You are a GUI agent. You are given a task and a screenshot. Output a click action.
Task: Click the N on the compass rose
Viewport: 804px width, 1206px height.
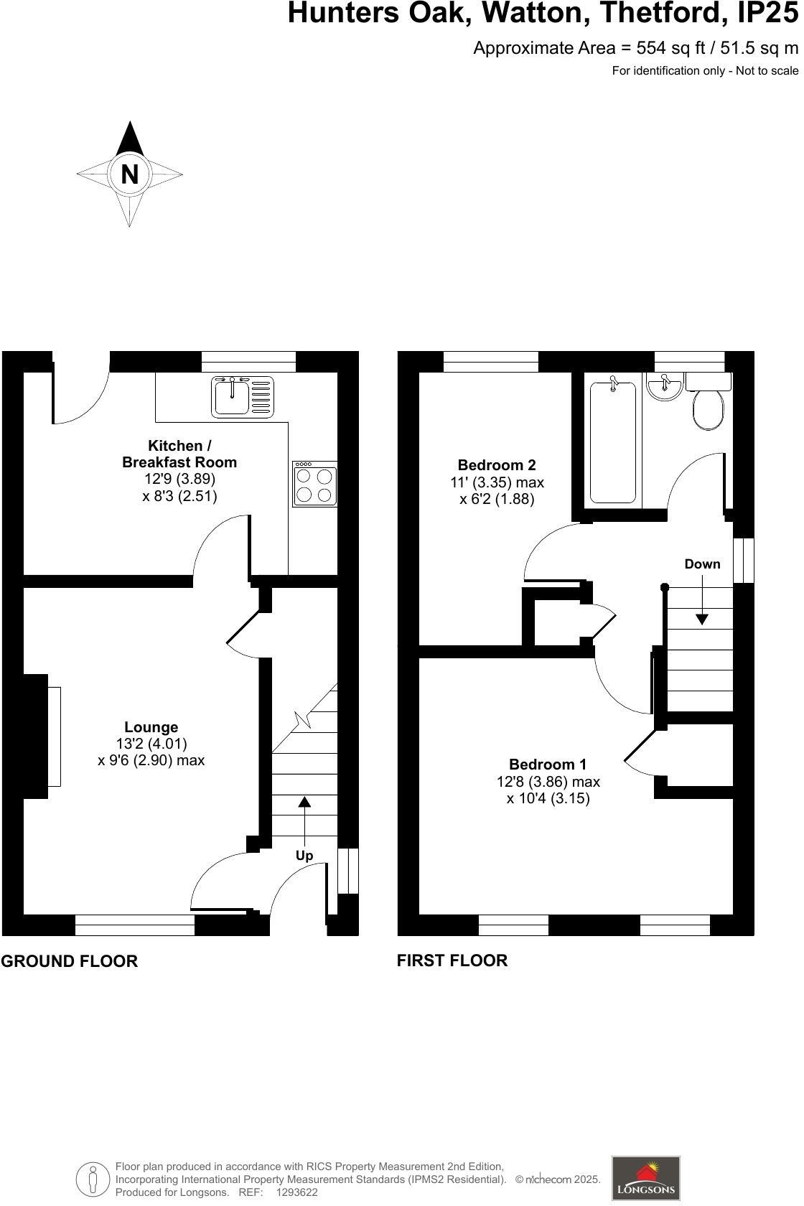[x=129, y=174]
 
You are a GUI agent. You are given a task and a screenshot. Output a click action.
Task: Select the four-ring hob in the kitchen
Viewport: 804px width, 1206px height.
[x=314, y=485]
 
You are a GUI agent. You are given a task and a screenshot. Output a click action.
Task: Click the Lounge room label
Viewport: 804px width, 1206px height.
[x=151, y=727]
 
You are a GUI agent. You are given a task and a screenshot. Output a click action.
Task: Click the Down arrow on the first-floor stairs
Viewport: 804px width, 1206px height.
[x=701, y=603]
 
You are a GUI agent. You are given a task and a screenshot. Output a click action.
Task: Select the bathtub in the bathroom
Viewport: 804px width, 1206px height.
[x=612, y=443]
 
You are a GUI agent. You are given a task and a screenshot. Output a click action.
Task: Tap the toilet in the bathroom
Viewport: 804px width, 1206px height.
[x=709, y=406]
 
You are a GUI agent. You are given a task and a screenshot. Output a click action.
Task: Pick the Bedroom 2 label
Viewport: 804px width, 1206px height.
[x=497, y=465]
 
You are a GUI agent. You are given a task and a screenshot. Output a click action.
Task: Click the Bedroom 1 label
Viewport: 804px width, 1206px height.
[x=548, y=765]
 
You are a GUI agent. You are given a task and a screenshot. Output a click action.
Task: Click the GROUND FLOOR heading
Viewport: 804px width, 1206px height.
[x=69, y=961]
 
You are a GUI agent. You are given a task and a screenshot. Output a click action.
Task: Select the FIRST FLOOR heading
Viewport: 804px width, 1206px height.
[x=452, y=960]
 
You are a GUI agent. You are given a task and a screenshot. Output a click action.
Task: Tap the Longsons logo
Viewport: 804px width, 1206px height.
[x=645, y=1179]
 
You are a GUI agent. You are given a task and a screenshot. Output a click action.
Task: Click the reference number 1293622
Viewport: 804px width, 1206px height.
[x=296, y=1192]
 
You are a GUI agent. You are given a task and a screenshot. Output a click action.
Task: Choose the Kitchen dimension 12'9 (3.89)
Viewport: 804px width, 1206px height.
[x=179, y=479]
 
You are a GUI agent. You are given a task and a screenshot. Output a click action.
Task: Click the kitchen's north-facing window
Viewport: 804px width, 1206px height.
[x=248, y=361]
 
